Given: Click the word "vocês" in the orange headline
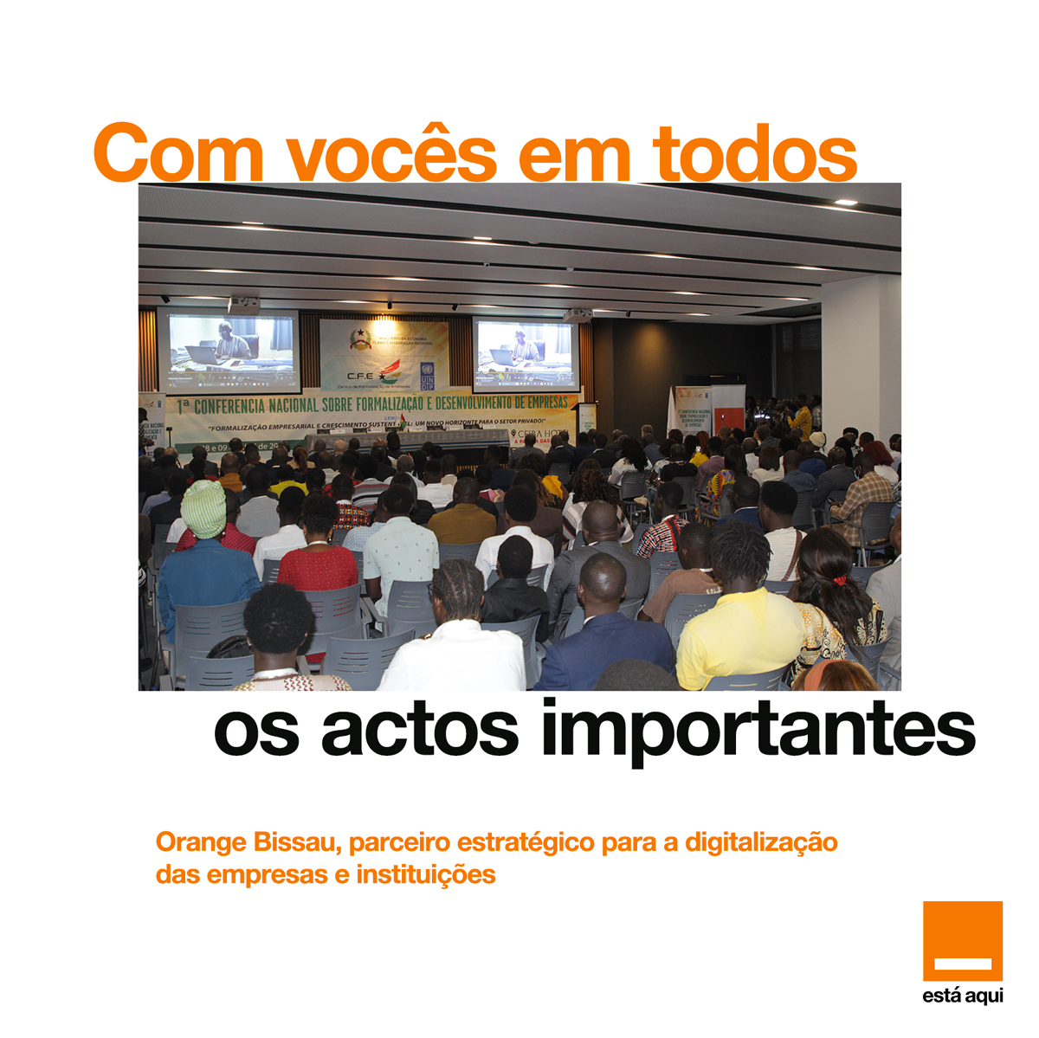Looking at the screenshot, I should (391, 154).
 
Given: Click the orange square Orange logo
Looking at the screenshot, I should (962, 941).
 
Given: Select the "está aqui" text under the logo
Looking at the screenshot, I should (962, 996).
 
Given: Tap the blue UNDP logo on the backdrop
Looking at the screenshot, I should (428, 376).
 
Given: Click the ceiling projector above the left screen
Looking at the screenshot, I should (244, 303).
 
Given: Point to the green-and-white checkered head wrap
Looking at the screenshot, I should (203, 509).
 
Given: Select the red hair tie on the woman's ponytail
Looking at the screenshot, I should (839, 580).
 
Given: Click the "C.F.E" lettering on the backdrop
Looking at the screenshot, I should (359, 376).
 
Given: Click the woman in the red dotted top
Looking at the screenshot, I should (318, 563).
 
